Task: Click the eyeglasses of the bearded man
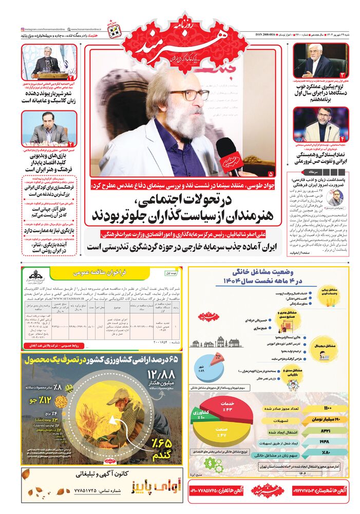click(188, 95)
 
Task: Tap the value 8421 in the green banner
click(327, 430)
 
